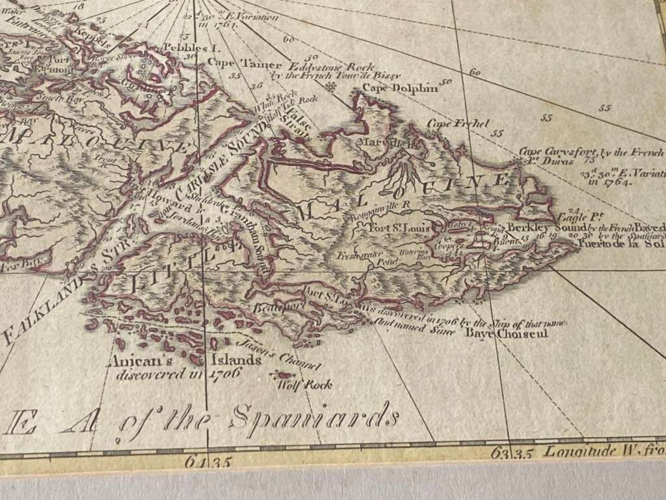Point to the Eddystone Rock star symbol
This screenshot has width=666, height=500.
pos(331,86)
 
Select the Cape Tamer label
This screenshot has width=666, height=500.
pos(244,64)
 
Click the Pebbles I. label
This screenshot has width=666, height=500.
pos(185,47)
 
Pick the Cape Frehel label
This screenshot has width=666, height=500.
pos(449,124)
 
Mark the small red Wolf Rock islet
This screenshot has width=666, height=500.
pos(284,375)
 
